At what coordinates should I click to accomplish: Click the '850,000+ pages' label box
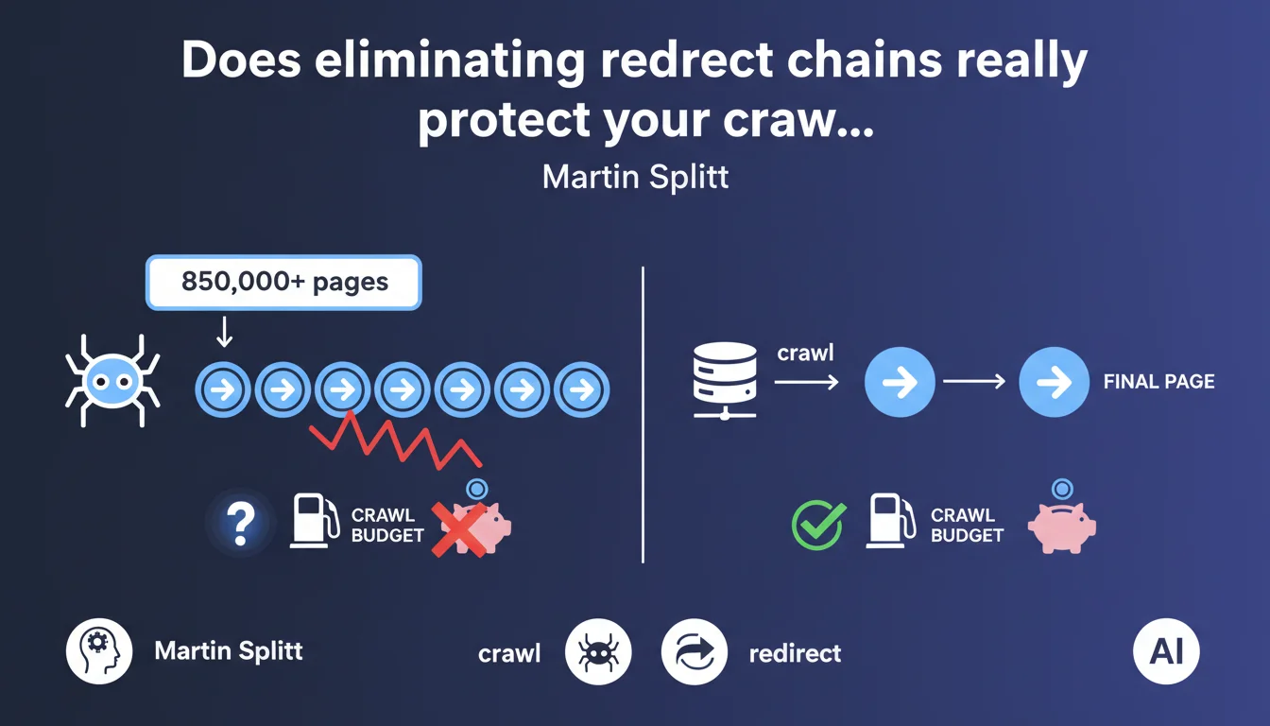pos(283,283)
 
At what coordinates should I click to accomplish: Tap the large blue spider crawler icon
pos(112,381)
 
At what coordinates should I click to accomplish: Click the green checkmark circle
pos(818,526)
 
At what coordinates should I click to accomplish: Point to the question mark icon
pos(240,524)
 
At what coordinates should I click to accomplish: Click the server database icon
pos(725,381)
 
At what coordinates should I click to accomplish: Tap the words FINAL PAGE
pos(1158,382)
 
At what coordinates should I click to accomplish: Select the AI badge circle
pos(1166,651)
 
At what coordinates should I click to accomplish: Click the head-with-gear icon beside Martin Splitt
pos(99,651)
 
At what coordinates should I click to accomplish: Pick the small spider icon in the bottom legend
pos(598,651)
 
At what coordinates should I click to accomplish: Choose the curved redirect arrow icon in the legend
pos(695,651)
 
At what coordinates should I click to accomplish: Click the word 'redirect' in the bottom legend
pos(795,653)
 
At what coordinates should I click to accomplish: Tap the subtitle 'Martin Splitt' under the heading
pos(635,177)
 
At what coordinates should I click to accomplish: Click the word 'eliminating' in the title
pos(450,60)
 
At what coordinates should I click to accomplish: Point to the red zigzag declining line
pos(396,441)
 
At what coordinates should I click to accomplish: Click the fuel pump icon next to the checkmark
pos(891,521)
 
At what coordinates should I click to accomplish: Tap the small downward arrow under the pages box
pos(225,331)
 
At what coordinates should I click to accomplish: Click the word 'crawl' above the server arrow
pos(805,353)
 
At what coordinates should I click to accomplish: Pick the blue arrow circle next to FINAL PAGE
pos(1054,382)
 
